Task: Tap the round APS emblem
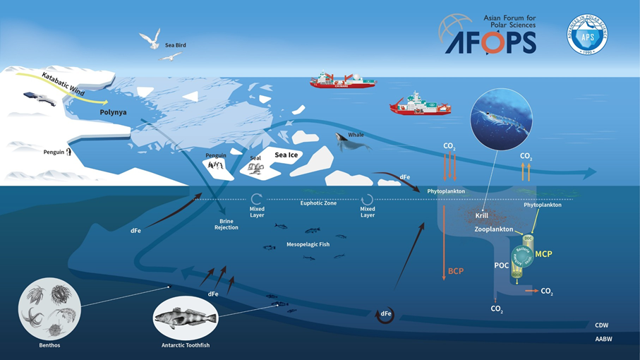pyautogui.click(x=587, y=35)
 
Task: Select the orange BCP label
pyautogui.click(x=456, y=271)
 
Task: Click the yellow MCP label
pyautogui.click(x=543, y=253)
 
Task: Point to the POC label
pyautogui.click(x=502, y=265)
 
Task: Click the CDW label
pyautogui.click(x=601, y=325)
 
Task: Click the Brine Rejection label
pyautogui.click(x=227, y=224)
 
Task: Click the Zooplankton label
pyautogui.click(x=493, y=230)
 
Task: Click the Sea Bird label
pyautogui.click(x=176, y=45)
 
